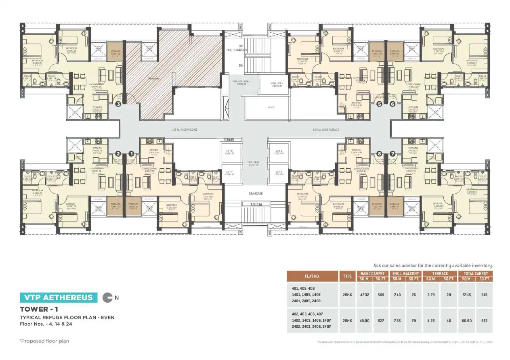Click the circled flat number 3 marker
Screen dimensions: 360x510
click(x=118, y=104)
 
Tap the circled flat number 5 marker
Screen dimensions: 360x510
click(x=379, y=104)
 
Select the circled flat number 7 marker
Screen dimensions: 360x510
click(x=392, y=154)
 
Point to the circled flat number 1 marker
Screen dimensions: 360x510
click(x=131, y=154)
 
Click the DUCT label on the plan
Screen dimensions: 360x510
click(x=271, y=107)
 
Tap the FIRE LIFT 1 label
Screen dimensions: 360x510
click(x=277, y=84)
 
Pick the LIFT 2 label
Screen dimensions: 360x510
click(x=278, y=152)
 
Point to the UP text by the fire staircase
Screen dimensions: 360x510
click(x=241, y=46)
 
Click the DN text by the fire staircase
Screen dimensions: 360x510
click(x=241, y=65)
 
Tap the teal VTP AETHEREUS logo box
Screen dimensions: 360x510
click(x=59, y=298)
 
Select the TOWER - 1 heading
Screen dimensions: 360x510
click(x=40, y=310)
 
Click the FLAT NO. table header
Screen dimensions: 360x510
click(x=312, y=276)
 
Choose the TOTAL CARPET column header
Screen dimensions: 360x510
click(x=476, y=274)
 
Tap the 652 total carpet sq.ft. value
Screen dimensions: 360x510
click(x=485, y=320)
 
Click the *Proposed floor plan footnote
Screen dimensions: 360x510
click(x=44, y=341)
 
